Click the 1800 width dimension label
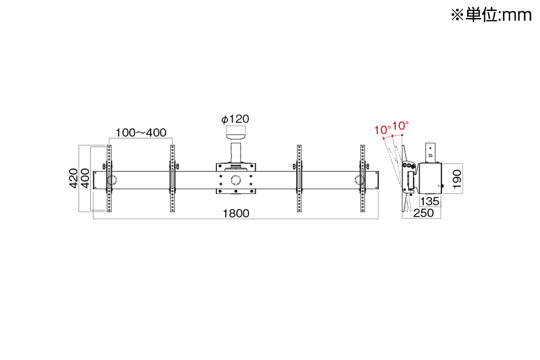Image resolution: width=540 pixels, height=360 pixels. [x=236, y=214]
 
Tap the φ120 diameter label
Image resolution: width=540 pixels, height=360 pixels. [x=235, y=119]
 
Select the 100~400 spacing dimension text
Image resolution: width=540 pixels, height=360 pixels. [x=141, y=133]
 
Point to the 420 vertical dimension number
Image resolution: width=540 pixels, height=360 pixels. [x=73, y=179]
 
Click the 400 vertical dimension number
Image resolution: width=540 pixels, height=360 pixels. [x=85, y=179]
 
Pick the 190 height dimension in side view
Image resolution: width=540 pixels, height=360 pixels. [x=457, y=179]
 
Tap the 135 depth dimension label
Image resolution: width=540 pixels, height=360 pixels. [x=430, y=201]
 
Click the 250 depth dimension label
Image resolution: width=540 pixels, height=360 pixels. [x=423, y=213]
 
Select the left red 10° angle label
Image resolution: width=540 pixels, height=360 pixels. [x=382, y=130]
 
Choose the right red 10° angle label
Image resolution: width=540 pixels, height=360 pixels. [x=400, y=126]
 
